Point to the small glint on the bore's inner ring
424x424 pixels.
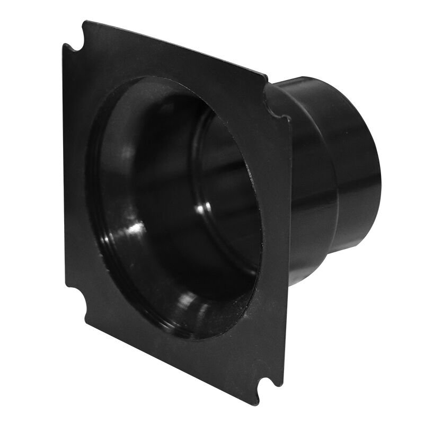coord(202,208)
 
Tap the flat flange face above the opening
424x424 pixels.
coord(175,66)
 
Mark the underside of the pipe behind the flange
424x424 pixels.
coord(339,249)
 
